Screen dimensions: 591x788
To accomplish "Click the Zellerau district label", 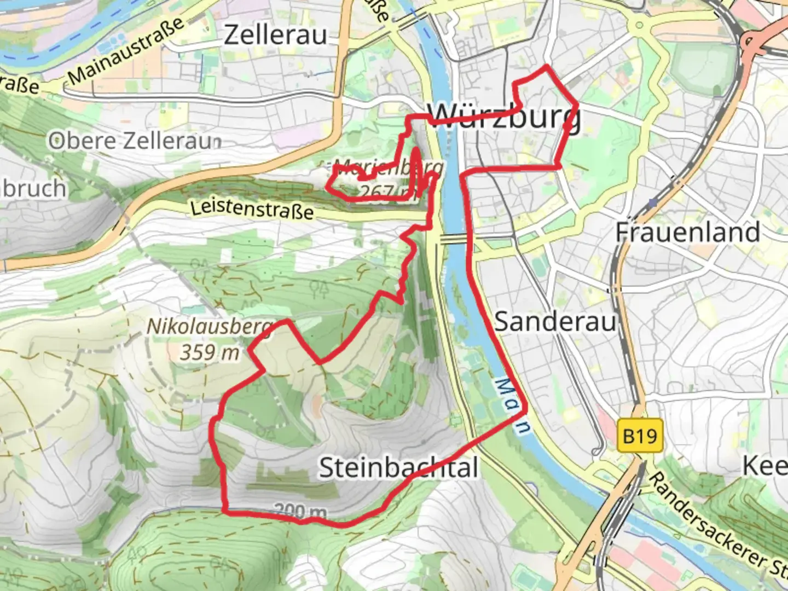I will [276, 35].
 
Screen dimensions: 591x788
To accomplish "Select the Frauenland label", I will [688, 232].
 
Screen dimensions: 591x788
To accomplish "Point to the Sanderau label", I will [555, 321].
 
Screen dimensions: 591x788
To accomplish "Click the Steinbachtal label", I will [398, 468].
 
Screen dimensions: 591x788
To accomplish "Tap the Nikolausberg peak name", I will [209, 327].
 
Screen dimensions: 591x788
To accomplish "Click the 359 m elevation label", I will [210, 352].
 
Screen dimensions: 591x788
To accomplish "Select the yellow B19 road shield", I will [640, 436].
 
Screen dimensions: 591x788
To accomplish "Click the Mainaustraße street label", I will [126, 50].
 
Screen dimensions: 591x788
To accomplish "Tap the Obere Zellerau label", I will [135, 141].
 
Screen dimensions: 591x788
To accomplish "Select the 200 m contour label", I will [300, 512].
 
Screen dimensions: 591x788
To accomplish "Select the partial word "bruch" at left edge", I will [33, 189].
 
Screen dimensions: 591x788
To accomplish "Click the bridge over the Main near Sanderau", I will [453, 239].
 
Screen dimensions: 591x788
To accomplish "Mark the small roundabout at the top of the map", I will [638, 25].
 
